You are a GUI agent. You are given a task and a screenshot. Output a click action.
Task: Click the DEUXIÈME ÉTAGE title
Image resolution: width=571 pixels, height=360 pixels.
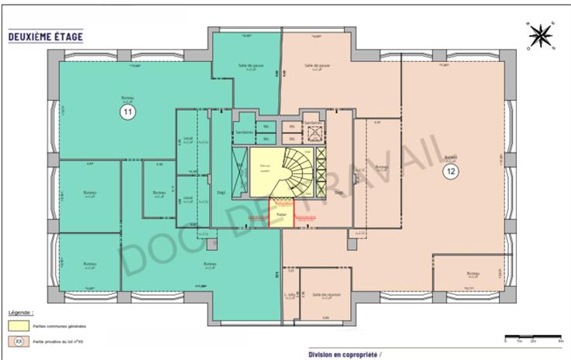(x=45, y=36)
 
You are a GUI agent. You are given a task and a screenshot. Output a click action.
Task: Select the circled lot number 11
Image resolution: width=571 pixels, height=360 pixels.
(x=127, y=112)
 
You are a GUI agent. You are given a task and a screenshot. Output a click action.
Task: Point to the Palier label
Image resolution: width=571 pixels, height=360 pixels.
(x=281, y=213)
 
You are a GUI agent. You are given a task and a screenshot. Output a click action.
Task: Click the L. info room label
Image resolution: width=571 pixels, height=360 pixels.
(x=290, y=294)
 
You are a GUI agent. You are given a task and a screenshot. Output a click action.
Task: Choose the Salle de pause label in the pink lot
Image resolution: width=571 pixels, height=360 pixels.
(x=318, y=67)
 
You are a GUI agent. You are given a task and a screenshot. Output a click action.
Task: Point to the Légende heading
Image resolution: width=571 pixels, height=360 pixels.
(x=20, y=313)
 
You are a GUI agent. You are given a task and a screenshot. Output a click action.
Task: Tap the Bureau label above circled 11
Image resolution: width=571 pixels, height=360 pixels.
(x=127, y=98)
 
